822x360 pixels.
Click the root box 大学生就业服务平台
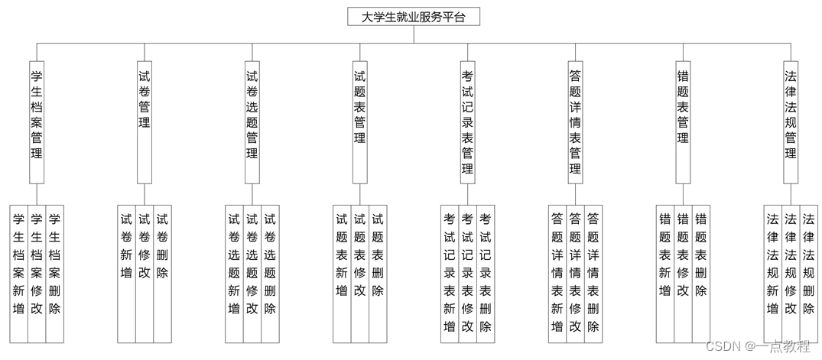click(x=413, y=16)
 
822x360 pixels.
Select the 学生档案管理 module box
click(x=37, y=122)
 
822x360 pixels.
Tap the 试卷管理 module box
click(x=145, y=122)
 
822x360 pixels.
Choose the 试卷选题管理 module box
click(x=252, y=122)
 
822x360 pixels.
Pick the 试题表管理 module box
click(x=360, y=122)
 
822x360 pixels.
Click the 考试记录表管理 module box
click(x=468, y=122)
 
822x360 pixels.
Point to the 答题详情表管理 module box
click(x=576, y=122)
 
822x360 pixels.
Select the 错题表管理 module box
click(x=684, y=122)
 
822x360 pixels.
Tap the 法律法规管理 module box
click(x=791, y=122)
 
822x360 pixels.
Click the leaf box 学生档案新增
click(x=18, y=273)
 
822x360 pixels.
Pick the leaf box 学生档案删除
click(x=55, y=273)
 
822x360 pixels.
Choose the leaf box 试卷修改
click(x=145, y=273)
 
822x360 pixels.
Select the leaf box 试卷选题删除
click(x=270, y=273)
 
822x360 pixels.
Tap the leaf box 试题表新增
click(x=342, y=273)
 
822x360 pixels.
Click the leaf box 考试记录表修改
click(x=468, y=273)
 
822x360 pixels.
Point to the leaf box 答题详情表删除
click(x=593, y=273)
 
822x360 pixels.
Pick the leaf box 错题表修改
click(x=684, y=273)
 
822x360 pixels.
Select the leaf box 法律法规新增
click(x=773, y=273)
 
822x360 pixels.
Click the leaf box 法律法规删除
click(x=808, y=273)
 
